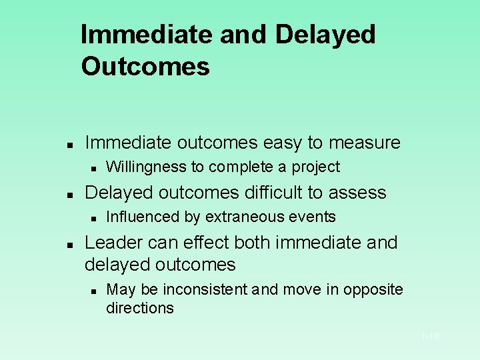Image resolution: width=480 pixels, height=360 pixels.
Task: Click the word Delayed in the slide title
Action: click(x=325, y=35)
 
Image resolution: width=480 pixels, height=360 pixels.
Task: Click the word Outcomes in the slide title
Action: click(x=145, y=67)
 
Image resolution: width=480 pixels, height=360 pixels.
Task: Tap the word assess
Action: click(x=358, y=193)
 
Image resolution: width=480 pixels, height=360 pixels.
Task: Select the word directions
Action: click(x=140, y=308)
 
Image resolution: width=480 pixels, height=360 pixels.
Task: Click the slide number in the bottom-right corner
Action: click(x=430, y=337)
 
